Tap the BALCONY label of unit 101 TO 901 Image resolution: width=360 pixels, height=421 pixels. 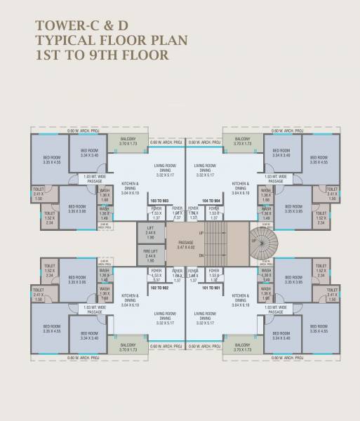point(242,346)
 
